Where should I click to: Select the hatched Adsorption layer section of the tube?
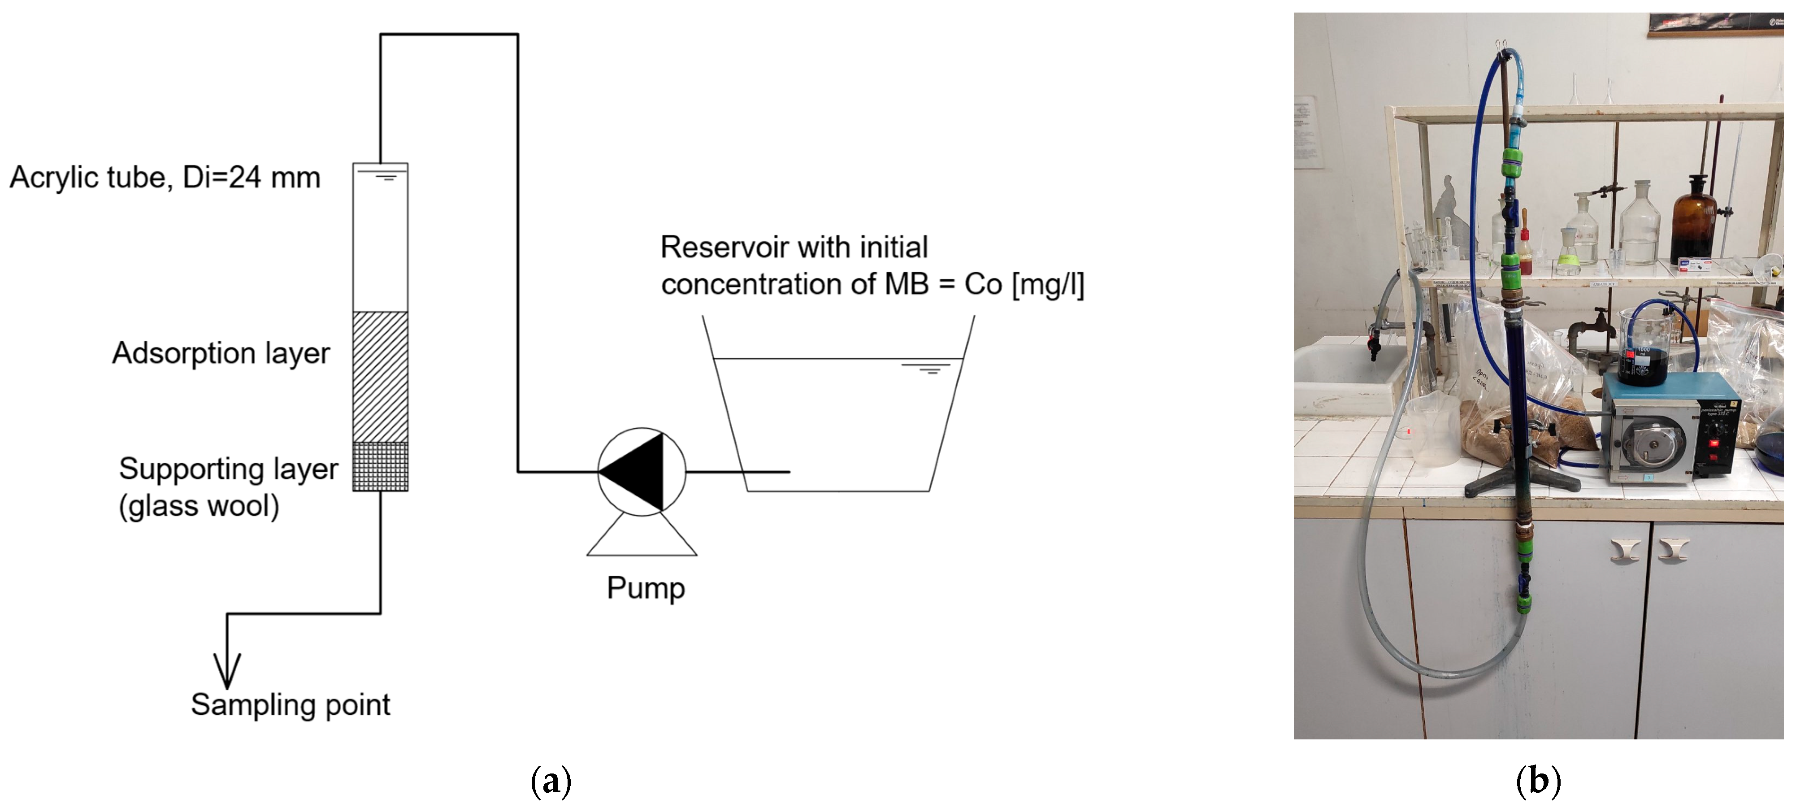(380, 377)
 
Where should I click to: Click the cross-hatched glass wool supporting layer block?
(380, 466)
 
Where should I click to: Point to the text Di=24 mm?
(251, 178)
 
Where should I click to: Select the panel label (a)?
(551, 781)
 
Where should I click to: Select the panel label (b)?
(1538, 781)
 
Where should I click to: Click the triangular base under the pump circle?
(642, 540)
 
